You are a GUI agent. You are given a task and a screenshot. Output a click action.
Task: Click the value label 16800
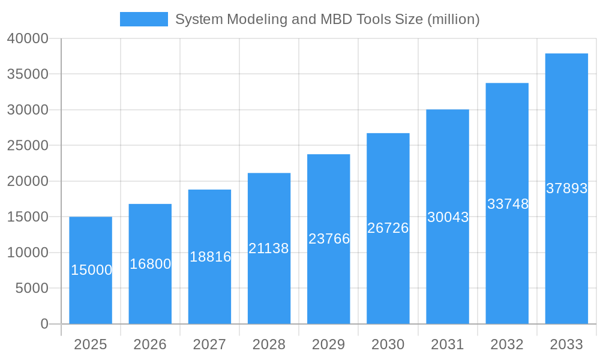(150, 264)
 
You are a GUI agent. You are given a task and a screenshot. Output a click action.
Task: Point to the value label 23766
(329, 239)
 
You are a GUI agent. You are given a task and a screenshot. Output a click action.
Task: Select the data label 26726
(388, 228)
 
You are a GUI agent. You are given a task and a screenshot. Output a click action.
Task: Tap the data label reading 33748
(508, 204)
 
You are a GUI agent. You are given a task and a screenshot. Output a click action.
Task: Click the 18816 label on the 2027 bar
(210, 257)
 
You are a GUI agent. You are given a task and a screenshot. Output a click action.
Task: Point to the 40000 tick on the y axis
(28, 38)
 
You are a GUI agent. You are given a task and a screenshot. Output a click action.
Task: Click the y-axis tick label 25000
(28, 146)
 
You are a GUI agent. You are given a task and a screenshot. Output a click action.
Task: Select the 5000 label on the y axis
(31, 289)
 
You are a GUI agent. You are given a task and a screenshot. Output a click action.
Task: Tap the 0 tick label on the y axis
(44, 324)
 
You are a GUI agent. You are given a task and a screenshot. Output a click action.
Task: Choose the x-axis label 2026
(150, 344)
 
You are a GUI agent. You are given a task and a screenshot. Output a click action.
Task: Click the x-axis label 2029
(329, 344)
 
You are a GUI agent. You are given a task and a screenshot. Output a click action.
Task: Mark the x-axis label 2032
(507, 344)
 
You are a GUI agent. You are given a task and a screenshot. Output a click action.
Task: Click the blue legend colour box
(144, 19)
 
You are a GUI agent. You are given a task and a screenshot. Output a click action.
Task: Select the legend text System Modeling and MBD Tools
(282, 19)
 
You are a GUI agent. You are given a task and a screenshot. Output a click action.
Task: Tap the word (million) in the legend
(453, 19)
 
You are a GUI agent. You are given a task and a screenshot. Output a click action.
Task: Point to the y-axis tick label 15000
(28, 217)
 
